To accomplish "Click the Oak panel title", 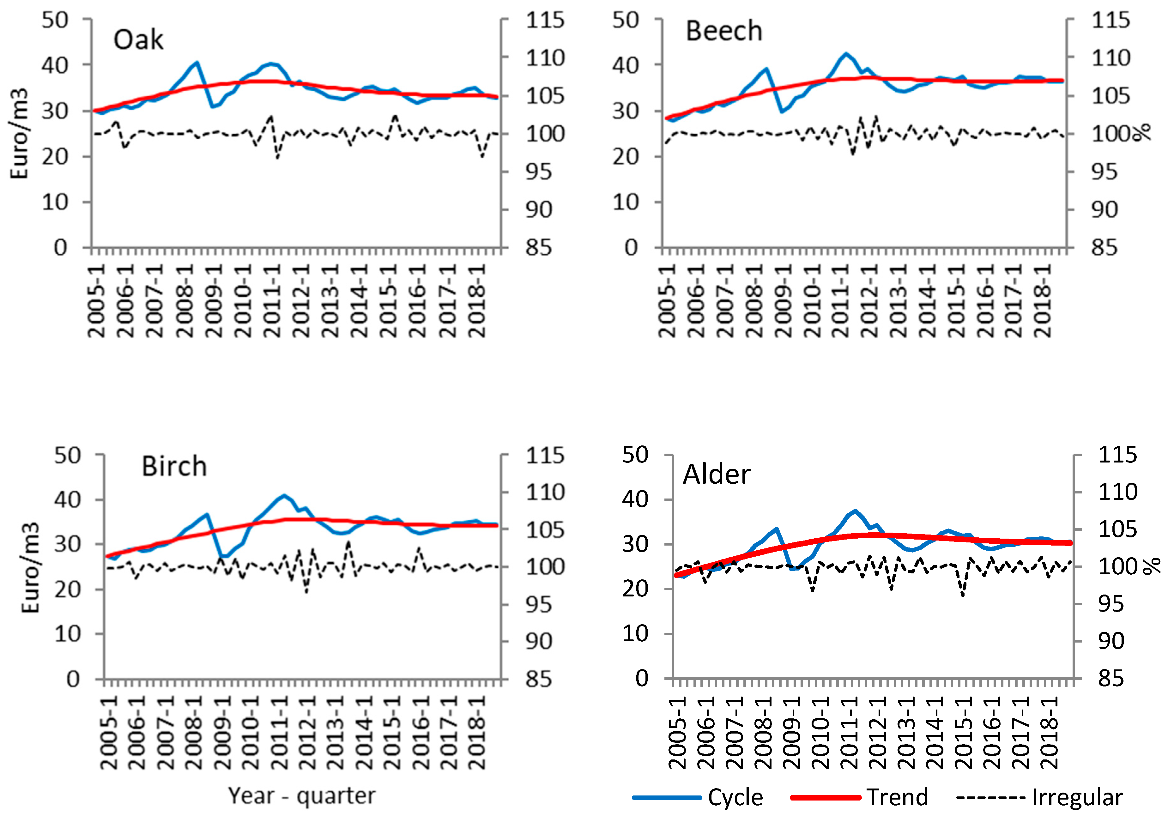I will pyautogui.click(x=138, y=40).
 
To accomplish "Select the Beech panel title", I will pyautogui.click(x=723, y=32).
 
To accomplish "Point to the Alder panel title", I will pyautogui.click(x=716, y=474).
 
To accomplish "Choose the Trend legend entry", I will pyautogui.click(x=897, y=797).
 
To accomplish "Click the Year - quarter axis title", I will pyautogui.click(x=302, y=795).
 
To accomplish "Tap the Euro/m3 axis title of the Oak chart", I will pyautogui.click(x=19, y=133).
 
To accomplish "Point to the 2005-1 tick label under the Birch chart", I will pyautogui.click(x=109, y=733).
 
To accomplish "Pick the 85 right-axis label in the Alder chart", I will pyautogui.click(x=1111, y=678).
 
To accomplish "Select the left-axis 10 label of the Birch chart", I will pyautogui.click(x=68, y=634).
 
